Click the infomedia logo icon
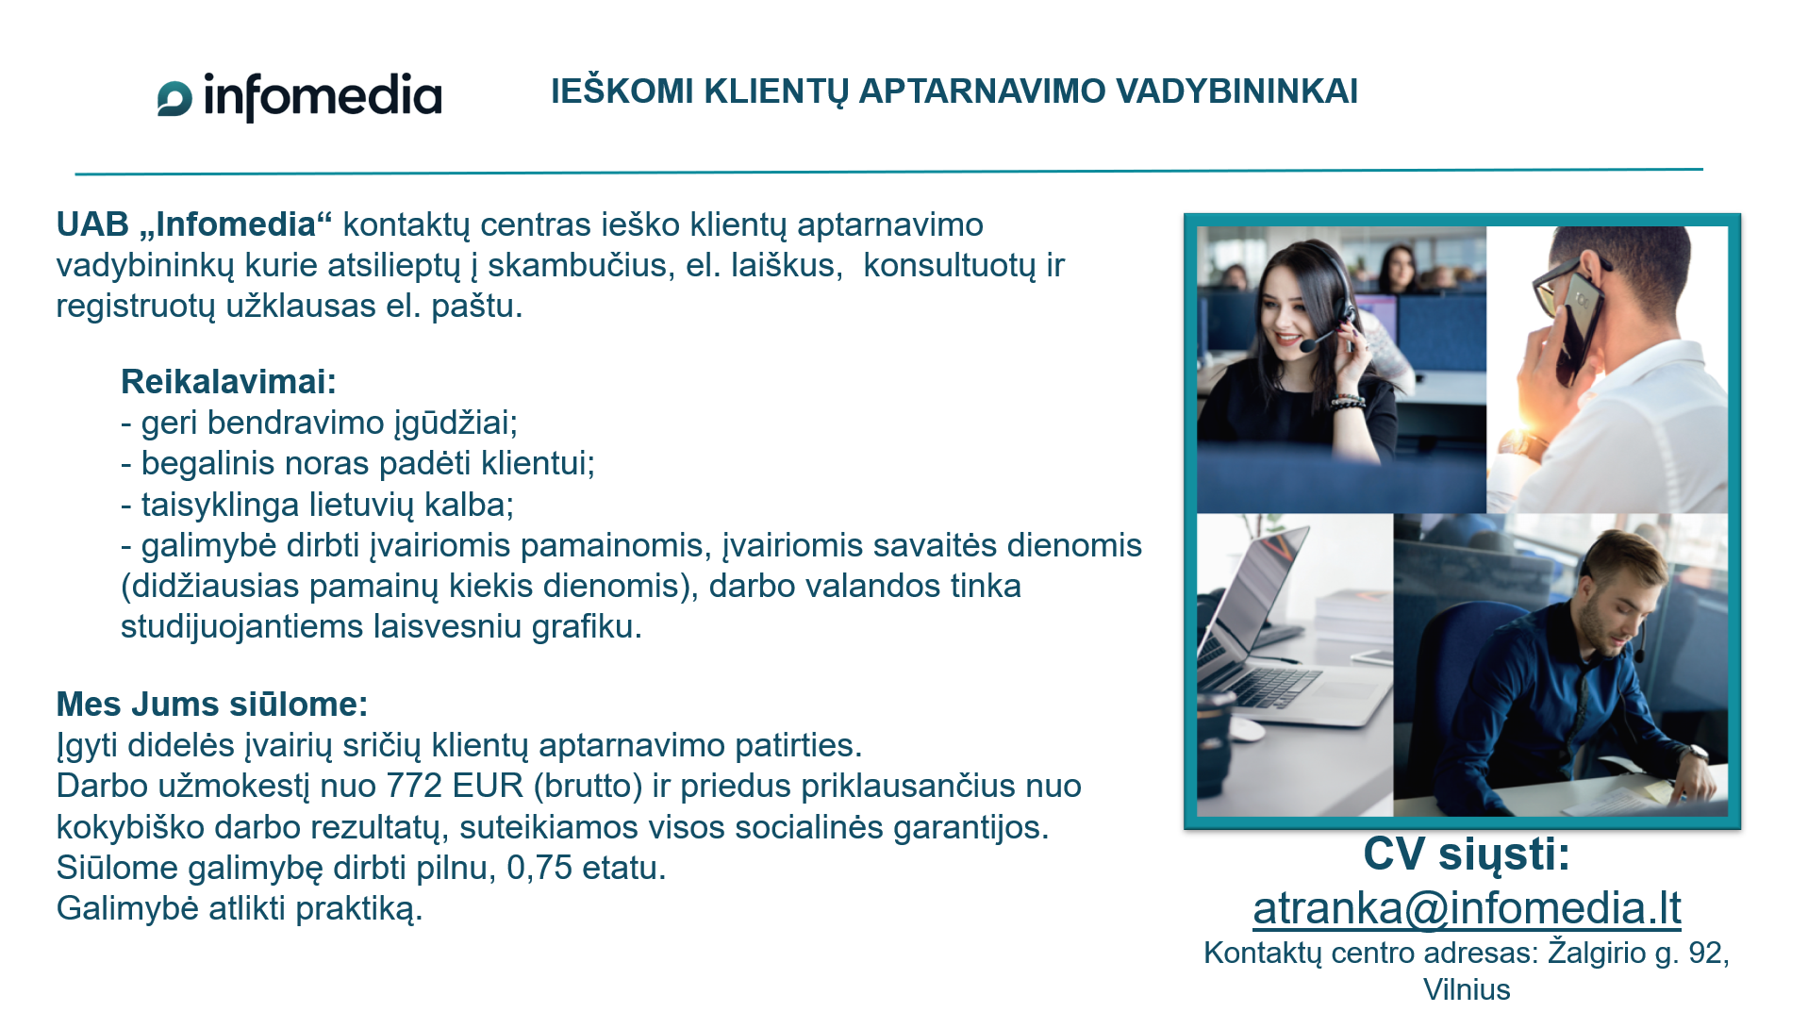pyautogui.click(x=174, y=99)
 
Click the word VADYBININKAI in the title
pyautogui.click(x=1237, y=91)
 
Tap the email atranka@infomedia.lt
pyautogui.click(x=1467, y=908)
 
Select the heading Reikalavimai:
pyautogui.click(x=228, y=382)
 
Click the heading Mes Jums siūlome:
pyautogui.click(x=212, y=705)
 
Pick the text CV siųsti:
pyautogui.click(x=1467, y=854)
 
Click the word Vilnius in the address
pyautogui.click(x=1467, y=989)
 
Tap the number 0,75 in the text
pyautogui.click(x=539, y=868)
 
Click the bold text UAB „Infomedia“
pyautogui.click(x=194, y=224)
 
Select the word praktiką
pyautogui.click(x=358, y=909)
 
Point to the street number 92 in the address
pyautogui.click(x=1705, y=953)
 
